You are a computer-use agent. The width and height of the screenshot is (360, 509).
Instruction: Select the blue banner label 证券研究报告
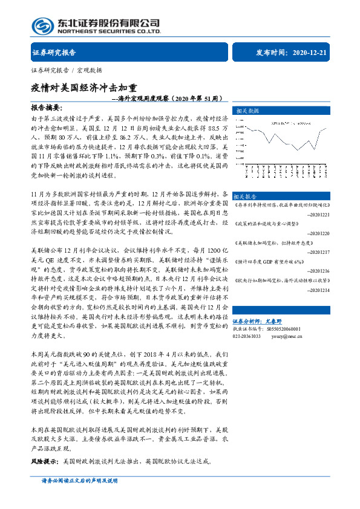click(53, 53)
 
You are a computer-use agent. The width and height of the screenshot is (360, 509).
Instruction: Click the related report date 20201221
click(318, 215)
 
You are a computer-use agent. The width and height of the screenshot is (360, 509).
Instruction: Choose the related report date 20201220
click(318, 233)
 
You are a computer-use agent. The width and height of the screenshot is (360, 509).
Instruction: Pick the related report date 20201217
click(318, 252)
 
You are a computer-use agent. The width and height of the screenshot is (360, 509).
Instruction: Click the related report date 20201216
click(318, 271)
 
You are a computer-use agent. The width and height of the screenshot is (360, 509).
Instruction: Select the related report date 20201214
click(318, 290)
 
